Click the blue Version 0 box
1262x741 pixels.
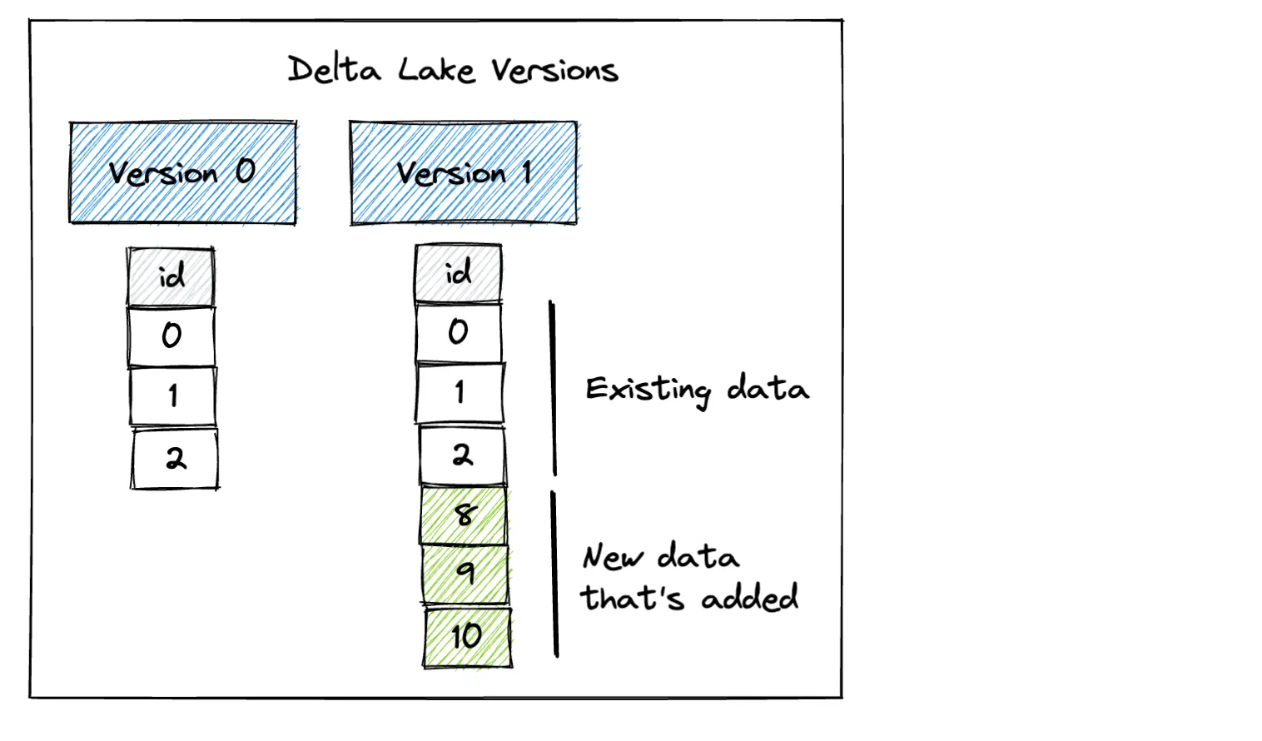point(182,172)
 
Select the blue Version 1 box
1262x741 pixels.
point(463,172)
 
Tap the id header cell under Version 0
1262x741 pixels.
point(171,276)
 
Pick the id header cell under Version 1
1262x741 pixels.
point(458,273)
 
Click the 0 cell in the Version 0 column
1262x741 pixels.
point(171,336)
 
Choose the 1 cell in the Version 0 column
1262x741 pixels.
point(172,396)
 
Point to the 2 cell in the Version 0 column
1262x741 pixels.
point(175,458)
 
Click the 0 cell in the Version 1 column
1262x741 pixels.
point(459,332)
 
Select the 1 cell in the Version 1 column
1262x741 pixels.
point(460,392)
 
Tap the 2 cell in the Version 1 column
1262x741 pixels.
point(462,455)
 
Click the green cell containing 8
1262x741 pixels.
point(464,515)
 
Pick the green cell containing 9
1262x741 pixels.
point(465,574)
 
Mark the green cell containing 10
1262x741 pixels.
point(467,637)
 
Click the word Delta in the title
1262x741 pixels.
point(334,69)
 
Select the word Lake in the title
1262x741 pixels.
point(436,70)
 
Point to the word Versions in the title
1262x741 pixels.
point(554,71)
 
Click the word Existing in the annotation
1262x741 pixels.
point(648,390)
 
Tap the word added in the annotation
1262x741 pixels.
point(749,598)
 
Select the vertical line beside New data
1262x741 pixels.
point(555,574)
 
